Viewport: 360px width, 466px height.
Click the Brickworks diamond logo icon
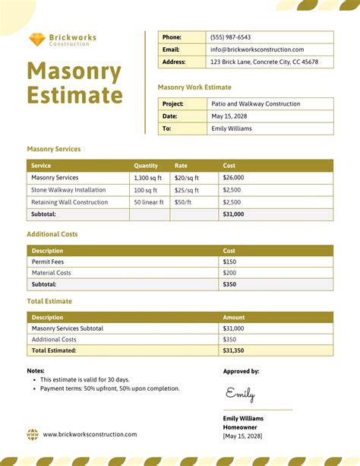tap(36, 39)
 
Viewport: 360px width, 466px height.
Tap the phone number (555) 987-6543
tap(230, 37)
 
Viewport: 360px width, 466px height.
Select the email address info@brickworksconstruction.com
tap(257, 49)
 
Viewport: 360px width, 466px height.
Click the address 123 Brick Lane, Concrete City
tap(264, 62)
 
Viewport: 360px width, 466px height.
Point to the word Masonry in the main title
tap(74, 72)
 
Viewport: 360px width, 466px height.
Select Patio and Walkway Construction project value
tap(254, 104)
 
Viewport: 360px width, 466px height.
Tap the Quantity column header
tap(146, 166)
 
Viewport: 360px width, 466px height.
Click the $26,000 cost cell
tap(233, 178)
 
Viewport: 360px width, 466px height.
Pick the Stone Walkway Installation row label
tap(68, 190)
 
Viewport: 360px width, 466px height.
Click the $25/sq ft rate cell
tap(186, 190)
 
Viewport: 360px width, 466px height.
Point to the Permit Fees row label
tap(47, 262)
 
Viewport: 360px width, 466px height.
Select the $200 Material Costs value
tap(229, 273)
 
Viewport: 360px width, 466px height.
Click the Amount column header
tap(234, 318)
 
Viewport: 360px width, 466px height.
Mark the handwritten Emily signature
tap(240, 394)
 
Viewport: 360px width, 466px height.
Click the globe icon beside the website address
tap(33, 434)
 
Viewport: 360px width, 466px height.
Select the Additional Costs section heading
tap(52, 234)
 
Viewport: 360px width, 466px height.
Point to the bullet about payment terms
tap(110, 388)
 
